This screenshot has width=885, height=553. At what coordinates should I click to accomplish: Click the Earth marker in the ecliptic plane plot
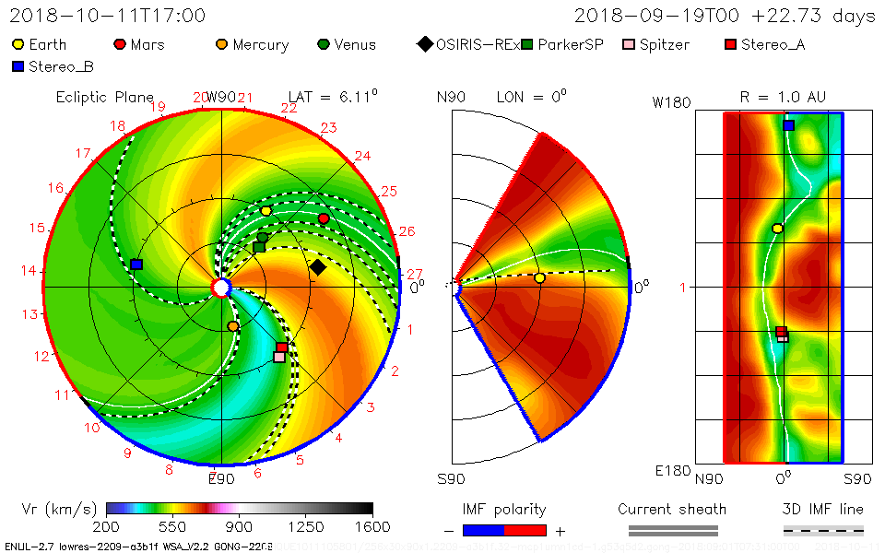266,211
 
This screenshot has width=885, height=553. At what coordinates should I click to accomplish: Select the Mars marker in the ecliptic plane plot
324,218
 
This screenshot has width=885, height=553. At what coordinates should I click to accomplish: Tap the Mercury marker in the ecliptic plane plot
233,326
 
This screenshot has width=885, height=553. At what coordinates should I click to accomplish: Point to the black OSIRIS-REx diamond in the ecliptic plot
318,267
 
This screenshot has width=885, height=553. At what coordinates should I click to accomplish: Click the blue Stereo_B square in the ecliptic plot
136,265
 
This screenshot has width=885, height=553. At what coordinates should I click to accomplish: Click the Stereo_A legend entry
765,44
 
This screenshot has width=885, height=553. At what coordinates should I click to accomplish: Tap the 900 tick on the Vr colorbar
240,526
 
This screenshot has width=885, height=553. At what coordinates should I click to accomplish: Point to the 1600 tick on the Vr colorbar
372,526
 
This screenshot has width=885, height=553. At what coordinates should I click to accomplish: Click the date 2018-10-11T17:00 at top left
108,16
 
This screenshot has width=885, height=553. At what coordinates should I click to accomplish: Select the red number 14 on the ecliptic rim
28,271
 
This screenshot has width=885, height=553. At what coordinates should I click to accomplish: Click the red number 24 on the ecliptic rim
362,156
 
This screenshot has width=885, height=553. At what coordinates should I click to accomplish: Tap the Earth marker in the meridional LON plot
539,277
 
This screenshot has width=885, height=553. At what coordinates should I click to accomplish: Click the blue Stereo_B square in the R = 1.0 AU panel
788,125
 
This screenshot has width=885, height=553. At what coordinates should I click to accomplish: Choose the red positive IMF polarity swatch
525,530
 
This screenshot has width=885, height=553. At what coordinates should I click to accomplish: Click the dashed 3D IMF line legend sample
823,530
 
